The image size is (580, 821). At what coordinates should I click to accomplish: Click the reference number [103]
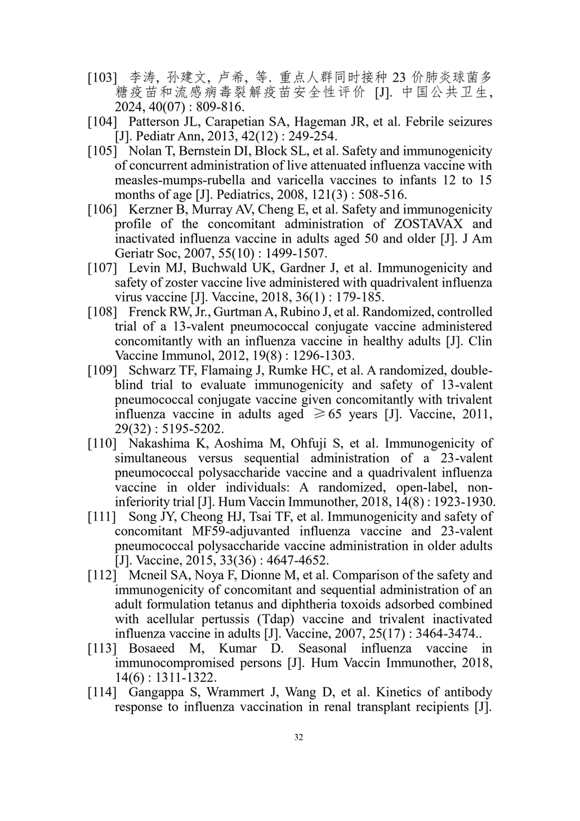pos(101,77)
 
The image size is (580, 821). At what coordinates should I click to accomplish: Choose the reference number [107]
pos(101,268)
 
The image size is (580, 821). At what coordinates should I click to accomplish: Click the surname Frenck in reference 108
pos(148,312)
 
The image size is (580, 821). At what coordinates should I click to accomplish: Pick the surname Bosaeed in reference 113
pos(151,649)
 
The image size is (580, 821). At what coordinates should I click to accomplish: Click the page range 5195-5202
pos(172,429)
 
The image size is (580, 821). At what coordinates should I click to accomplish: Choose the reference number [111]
pos(101,517)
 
